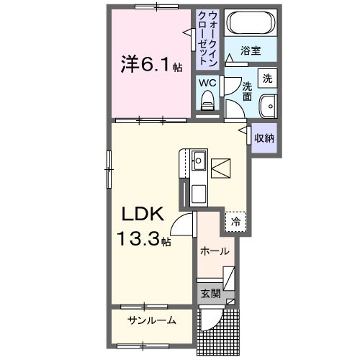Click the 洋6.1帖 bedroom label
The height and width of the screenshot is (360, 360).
click(150, 66)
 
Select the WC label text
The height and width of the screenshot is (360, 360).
click(207, 83)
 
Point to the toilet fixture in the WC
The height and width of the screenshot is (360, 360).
click(207, 104)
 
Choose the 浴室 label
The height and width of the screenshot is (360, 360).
click(250, 53)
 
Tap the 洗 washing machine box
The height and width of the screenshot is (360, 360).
click(267, 78)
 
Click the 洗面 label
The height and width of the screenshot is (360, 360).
click(247, 91)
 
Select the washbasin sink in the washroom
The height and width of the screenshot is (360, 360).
click(269, 106)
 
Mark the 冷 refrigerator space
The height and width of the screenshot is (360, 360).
click(235, 222)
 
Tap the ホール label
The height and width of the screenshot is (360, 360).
click(215, 251)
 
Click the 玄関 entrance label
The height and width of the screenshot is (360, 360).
click(210, 293)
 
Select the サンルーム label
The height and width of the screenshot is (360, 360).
click(152, 320)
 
